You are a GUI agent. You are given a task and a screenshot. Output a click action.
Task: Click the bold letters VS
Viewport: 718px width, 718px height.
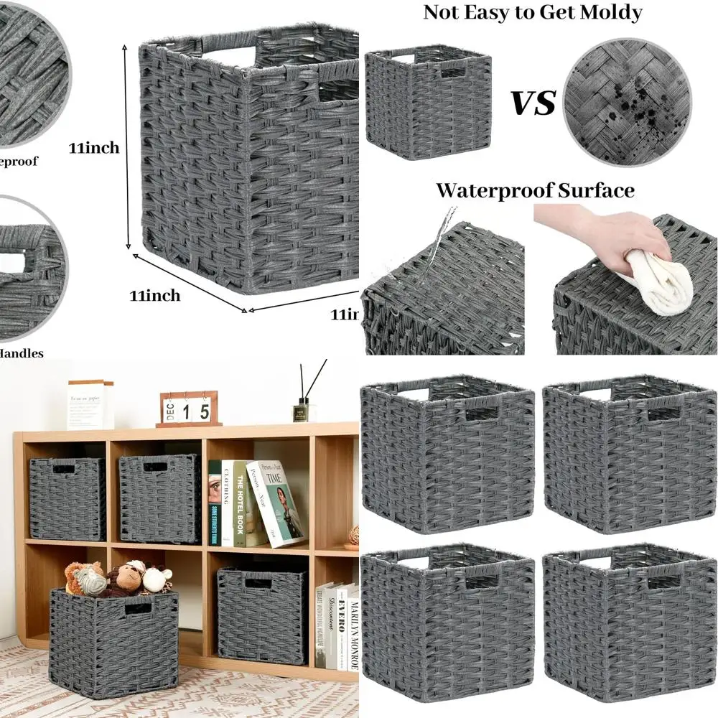click(533, 102)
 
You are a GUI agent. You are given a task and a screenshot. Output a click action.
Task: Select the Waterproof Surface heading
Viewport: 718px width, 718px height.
click(535, 190)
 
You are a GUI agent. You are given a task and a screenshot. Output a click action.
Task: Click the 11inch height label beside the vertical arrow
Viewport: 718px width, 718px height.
click(94, 149)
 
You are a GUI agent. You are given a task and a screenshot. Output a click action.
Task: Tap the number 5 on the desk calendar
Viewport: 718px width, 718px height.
click(205, 411)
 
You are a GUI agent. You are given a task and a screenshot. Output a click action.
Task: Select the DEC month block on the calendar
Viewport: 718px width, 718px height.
click(170, 411)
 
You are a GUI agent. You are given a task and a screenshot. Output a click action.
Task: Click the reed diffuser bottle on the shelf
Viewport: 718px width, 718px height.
click(304, 409)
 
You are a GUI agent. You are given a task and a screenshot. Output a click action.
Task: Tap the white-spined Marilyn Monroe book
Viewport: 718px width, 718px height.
click(353, 625)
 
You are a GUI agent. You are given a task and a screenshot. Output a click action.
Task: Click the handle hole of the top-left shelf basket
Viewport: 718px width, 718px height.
click(64, 469)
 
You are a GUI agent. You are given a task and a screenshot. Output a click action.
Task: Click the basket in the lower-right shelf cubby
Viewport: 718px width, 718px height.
click(262, 614)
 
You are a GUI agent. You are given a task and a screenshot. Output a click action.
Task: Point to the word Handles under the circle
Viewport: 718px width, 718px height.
click(22, 353)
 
